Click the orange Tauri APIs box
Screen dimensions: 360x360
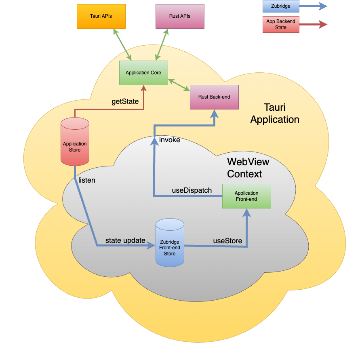tap(101, 17)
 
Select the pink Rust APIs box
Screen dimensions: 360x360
tap(180, 17)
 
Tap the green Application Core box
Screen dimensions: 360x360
tap(143, 73)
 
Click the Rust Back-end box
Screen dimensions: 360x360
tap(214, 97)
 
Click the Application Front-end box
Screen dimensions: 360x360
tap(246, 196)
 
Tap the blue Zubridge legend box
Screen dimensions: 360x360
tap(281, 6)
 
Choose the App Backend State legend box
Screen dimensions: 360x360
tap(281, 25)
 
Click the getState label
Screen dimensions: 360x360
tap(125, 101)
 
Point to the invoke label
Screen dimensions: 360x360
tap(170, 140)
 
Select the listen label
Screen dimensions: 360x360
tap(87, 180)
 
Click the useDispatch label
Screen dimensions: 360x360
tap(192, 190)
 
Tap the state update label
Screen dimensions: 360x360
tap(125, 240)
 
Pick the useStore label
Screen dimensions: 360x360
tap(227, 241)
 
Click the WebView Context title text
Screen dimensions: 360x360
tap(248, 168)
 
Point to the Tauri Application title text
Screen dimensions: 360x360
tap(275, 114)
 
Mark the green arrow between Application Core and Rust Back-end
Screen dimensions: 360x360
tap(179, 85)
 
